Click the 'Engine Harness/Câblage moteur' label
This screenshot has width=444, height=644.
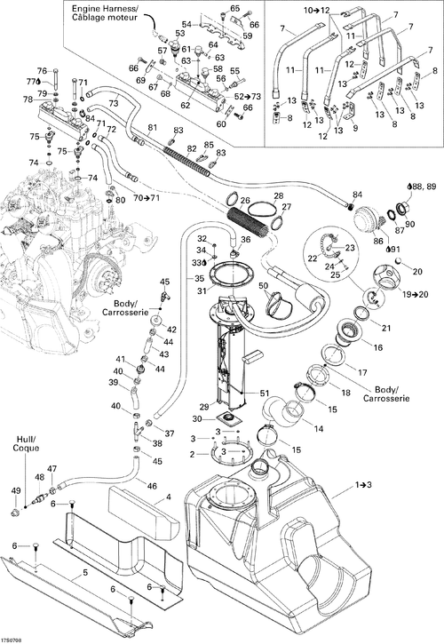(105, 12)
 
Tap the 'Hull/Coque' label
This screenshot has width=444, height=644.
(26, 443)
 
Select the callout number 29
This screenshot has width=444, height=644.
(204, 407)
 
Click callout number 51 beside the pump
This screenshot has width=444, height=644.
(265, 393)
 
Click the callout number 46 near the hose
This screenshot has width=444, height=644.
(152, 486)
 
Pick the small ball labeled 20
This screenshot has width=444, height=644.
(398, 260)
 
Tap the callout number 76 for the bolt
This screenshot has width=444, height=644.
(43, 70)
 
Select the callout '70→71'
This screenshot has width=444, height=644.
(146, 198)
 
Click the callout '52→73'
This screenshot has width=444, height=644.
(247, 97)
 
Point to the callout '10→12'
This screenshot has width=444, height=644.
(317, 11)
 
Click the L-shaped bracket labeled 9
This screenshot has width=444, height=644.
(351, 112)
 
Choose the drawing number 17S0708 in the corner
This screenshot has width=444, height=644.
(12, 640)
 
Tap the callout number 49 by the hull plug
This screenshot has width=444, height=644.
(16, 490)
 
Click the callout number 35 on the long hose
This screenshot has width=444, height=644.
(199, 279)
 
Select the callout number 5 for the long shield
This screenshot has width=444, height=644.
(85, 572)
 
